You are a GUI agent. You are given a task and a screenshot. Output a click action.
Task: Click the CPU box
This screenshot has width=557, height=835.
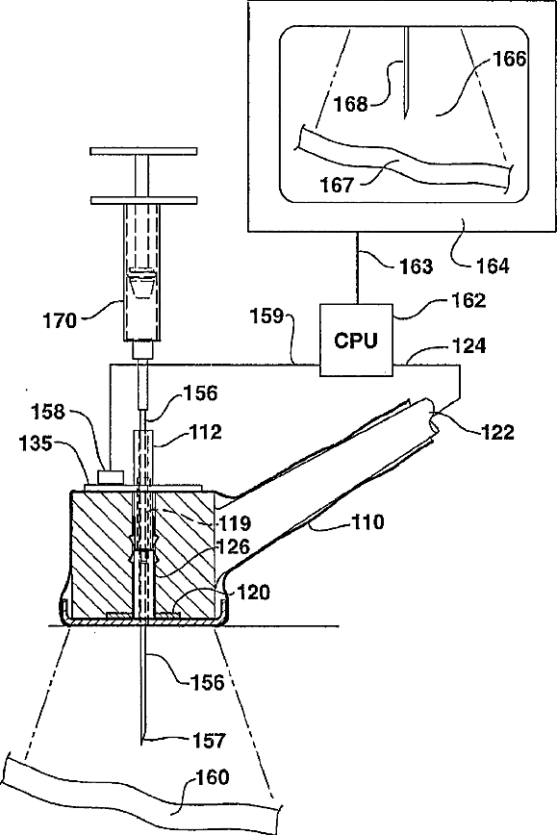point(356,340)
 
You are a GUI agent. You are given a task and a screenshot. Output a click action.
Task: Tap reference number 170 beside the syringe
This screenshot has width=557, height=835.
point(59,320)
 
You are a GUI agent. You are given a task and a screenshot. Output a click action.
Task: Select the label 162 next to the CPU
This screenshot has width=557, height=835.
point(468,300)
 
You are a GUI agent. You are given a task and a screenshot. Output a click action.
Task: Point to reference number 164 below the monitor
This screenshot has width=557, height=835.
point(493,265)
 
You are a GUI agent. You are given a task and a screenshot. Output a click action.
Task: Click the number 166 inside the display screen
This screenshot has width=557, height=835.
point(509,59)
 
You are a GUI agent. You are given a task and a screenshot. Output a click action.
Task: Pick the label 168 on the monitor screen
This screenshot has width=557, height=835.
point(351,103)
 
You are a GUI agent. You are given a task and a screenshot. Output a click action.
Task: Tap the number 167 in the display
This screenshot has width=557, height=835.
point(337,185)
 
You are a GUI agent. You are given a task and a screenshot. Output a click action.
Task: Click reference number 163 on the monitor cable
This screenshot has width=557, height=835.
point(417,266)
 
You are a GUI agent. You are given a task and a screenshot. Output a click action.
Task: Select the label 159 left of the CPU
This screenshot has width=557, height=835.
point(266,316)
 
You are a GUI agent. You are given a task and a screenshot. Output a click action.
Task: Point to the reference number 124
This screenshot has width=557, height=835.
point(469,345)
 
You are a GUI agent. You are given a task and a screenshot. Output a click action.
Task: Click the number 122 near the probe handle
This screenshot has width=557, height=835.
point(497,431)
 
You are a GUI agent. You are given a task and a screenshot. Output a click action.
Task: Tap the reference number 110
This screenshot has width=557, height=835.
point(367,521)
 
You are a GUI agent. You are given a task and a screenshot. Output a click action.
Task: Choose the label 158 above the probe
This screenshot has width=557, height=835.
point(48,412)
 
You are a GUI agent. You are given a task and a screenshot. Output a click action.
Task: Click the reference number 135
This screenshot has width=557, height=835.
point(37,443)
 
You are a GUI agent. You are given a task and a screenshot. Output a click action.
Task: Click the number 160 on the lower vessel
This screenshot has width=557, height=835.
point(212,777)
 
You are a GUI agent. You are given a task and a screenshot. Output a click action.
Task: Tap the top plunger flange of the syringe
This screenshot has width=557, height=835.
point(143,152)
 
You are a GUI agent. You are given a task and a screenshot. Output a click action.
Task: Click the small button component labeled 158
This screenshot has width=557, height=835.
point(111,475)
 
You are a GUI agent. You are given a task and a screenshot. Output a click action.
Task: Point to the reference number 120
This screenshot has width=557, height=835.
point(253,592)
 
